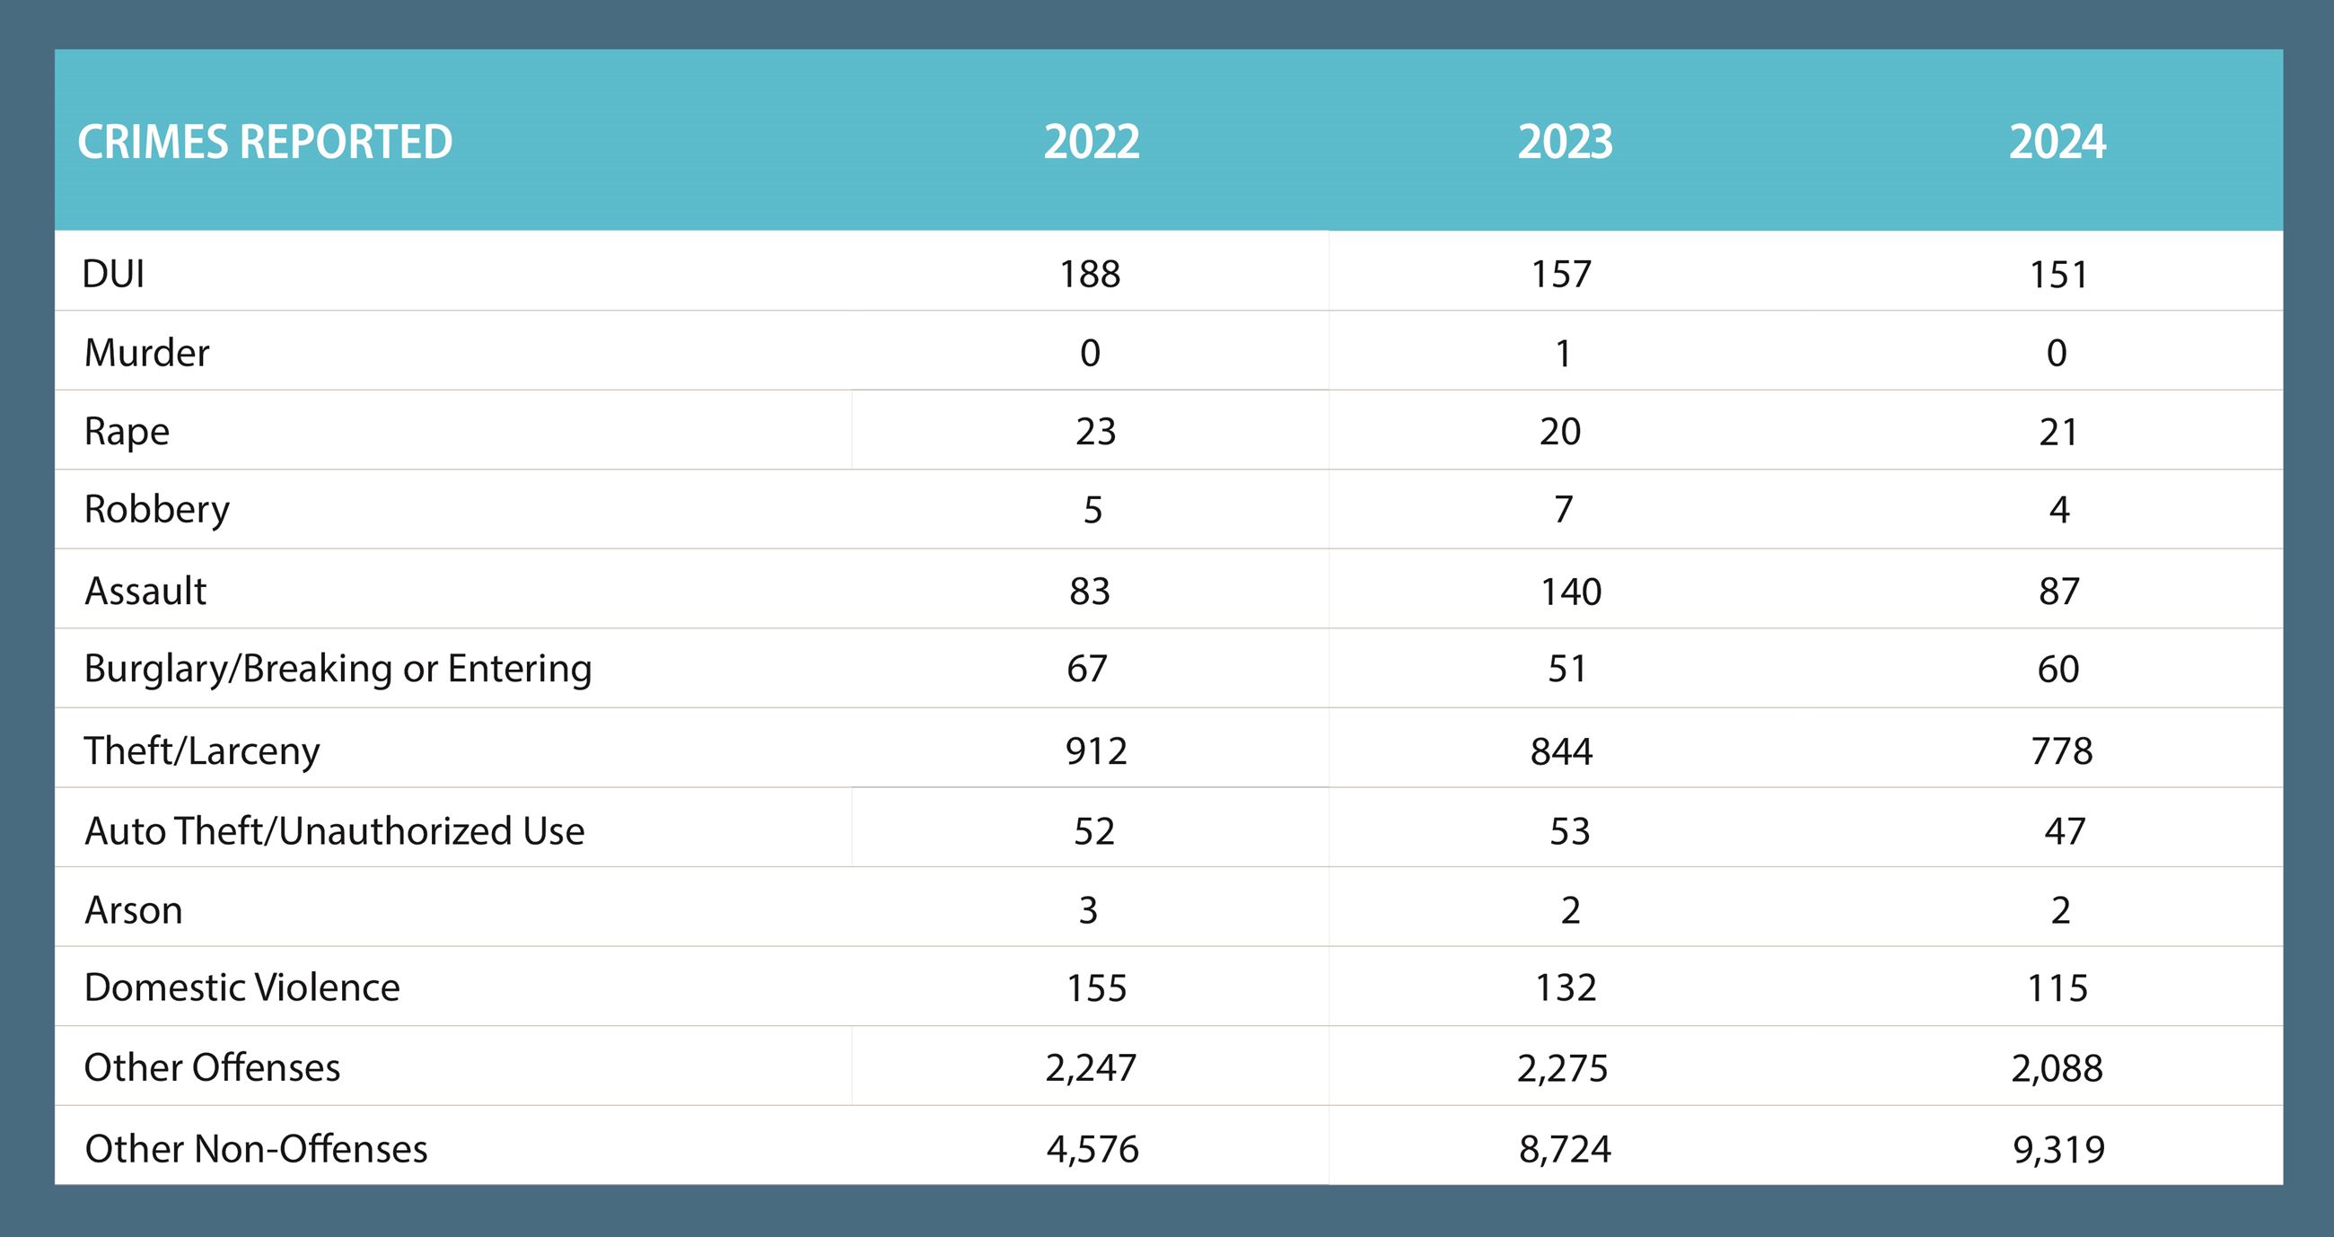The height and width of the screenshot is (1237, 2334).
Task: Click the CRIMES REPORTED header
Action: (x=265, y=142)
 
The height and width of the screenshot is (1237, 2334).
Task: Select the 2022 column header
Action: (x=1091, y=142)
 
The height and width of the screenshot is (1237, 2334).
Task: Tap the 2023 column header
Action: (x=1565, y=142)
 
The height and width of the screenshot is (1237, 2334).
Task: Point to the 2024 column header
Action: (x=2057, y=142)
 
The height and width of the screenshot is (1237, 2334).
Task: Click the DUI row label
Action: (x=113, y=274)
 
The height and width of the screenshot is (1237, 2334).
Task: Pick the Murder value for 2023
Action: (x=1563, y=354)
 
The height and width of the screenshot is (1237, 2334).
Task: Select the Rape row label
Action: (x=127, y=432)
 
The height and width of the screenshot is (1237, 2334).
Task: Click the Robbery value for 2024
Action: (x=2058, y=510)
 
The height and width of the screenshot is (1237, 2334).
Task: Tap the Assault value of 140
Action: (x=1571, y=592)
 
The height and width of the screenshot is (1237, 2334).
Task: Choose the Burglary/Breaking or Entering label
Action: (x=338, y=669)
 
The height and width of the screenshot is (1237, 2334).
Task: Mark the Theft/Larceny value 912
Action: (x=1095, y=751)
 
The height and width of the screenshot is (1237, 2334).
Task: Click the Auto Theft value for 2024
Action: (x=2064, y=831)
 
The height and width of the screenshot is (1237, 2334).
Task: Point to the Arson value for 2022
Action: (x=1088, y=910)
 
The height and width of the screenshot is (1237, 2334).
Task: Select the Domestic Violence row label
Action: (x=241, y=987)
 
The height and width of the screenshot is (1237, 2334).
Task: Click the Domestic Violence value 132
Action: (x=1565, y=987)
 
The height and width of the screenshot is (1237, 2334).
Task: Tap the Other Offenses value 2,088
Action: (x=2057, y=1068)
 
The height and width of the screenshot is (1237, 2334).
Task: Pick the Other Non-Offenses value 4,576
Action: (x=1092, y=1149)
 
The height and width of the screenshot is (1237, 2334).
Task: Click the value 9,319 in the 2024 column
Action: (x=2058, y=1149)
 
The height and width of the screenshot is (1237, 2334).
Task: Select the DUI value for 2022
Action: (x=1090, y=274)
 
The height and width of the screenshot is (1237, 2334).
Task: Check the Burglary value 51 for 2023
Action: (x=1566, y=669)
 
